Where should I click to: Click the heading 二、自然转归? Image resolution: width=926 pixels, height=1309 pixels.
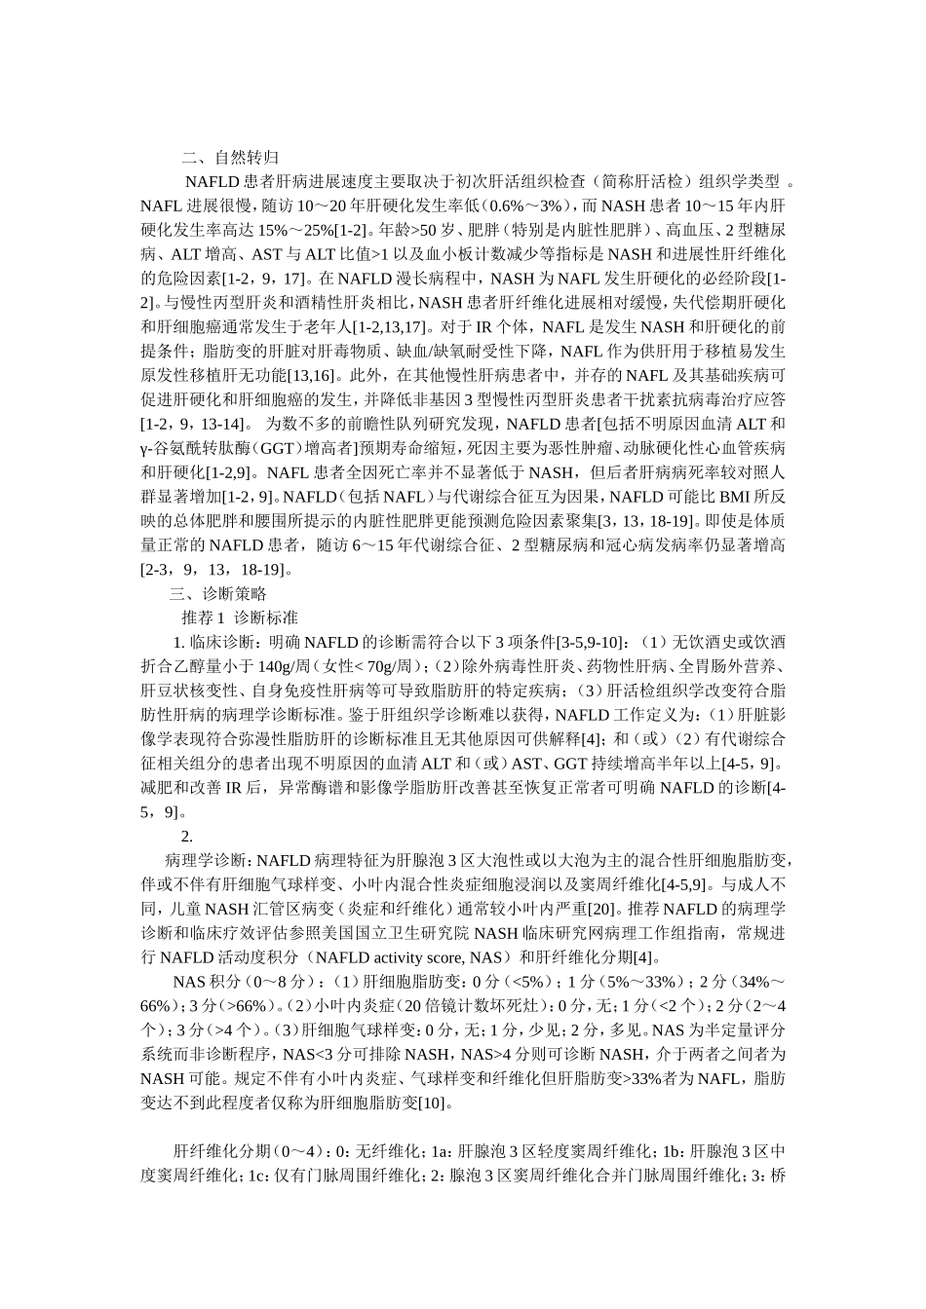click(233, 156)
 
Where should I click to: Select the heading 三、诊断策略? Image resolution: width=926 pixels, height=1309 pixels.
click(219, 593)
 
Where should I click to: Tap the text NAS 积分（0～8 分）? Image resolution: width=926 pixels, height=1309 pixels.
click(239, 982)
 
